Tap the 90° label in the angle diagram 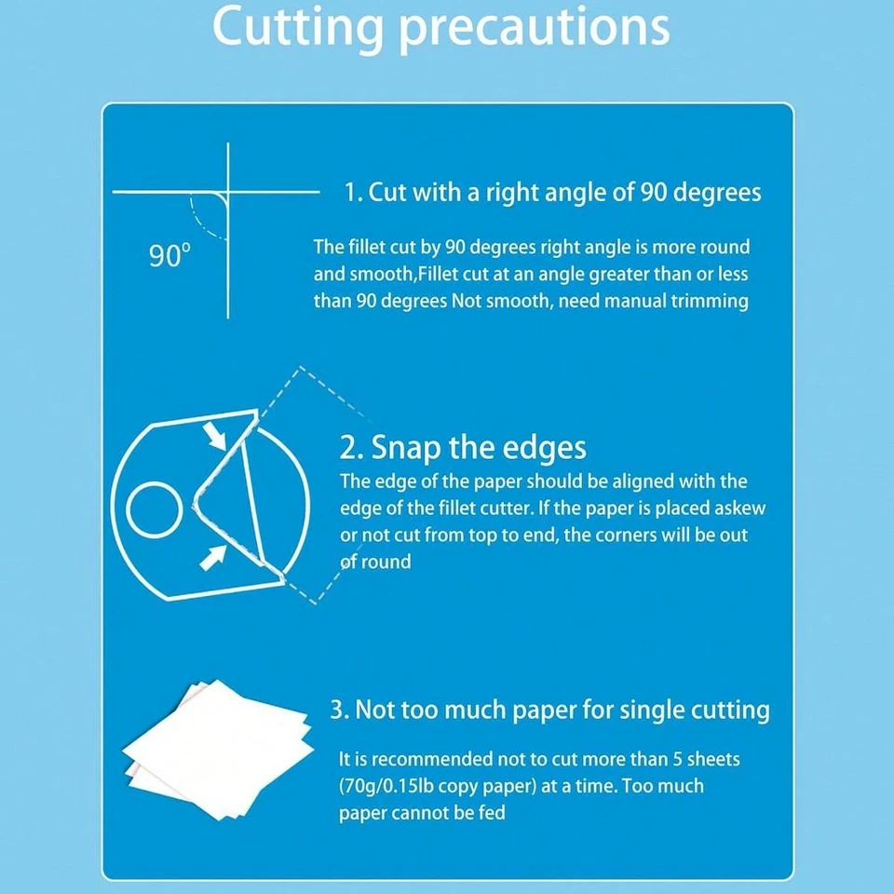click(x=169, y=256)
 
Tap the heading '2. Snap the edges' click(x=463, y=448)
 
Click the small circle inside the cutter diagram click(x=154, y=509)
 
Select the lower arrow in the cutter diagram click(x=212, y=557)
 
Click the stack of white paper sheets click(x=218, y=750)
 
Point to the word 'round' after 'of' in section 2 click(x=386, y=562)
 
